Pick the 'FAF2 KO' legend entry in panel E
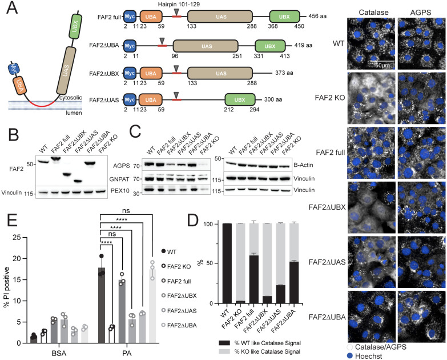click(x=196, y=265)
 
